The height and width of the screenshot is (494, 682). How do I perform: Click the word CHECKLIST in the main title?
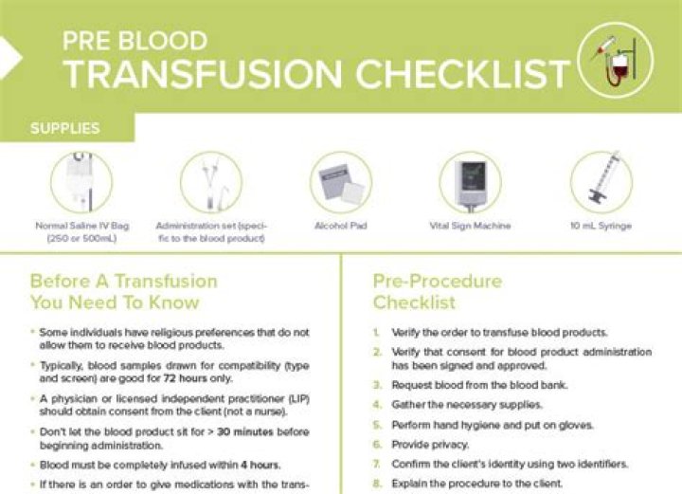click(460, 72)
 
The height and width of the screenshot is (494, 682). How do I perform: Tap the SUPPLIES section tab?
click(65, 128)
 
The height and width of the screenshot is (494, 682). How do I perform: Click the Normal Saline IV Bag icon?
click(81, 182)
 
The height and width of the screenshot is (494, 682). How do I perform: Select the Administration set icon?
click(210, 182)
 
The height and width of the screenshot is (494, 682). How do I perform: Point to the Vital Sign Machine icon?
click(471, 182)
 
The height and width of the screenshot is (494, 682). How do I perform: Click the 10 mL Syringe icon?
click(601, 182)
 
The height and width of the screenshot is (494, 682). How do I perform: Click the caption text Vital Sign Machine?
click(471, 227)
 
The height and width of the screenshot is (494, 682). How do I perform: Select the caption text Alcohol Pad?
click(341, 227)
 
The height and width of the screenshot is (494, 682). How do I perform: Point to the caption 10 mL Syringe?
click(601, 227)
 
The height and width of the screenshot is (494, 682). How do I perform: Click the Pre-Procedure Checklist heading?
click(437, 292)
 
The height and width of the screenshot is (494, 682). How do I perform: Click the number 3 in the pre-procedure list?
click(376, 386)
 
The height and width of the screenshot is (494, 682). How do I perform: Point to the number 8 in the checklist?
click(376, 483)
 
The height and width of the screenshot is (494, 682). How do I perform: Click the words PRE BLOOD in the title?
click(135, 41)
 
